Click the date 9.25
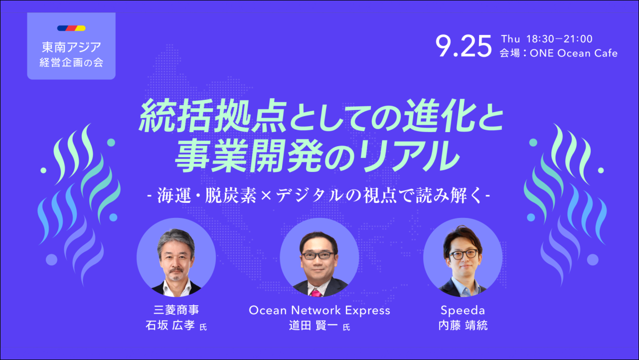click(x=464, y=46)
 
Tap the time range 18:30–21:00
click(x=559, y=39)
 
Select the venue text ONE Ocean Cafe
click(x=574, y=53)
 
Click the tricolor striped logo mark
click(x=71, y=28)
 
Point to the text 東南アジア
click(x=71, y=47)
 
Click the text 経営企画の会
click(x=71, y=62)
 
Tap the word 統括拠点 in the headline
click(x=213, y=116)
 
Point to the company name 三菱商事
click(x=176, y=310)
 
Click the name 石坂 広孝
click(x=170, y=325)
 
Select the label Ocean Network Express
click(x=319, y=310)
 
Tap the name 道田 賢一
click(x=313, y=326)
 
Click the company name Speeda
click(x=463, y=310)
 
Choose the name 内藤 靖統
click(x=463, y=326)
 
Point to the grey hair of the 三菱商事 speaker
click(x=176, y=238)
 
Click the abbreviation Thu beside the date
click(x=510, y=39)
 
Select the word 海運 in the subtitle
click(x=174, y=196)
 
